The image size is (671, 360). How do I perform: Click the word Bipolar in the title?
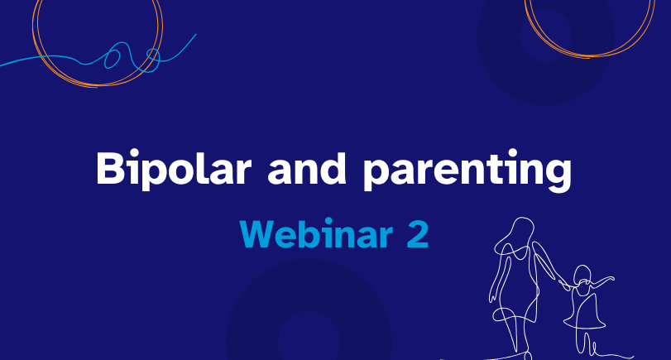coord(173,169)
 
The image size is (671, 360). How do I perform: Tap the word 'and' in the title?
coord(306,168)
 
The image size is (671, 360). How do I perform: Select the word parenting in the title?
coord(467,170)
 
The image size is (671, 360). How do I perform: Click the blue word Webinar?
coord(316,233)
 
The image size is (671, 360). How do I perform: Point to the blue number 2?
coord(417,234)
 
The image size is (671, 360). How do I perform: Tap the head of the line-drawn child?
coord(582,276)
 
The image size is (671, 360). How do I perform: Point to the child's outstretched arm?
coord(602,282)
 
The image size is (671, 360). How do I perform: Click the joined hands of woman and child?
coord(564,284)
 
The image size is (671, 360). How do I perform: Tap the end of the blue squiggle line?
coord(196,34)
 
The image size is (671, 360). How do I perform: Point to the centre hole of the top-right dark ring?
coord(545,36)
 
